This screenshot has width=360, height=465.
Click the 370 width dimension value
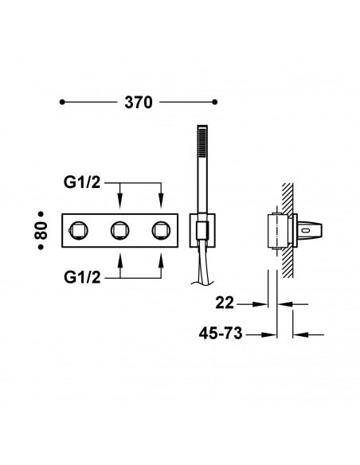coord(139,103)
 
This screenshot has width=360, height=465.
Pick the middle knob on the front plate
coord(120,231)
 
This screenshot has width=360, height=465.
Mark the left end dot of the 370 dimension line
coord(64,103)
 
